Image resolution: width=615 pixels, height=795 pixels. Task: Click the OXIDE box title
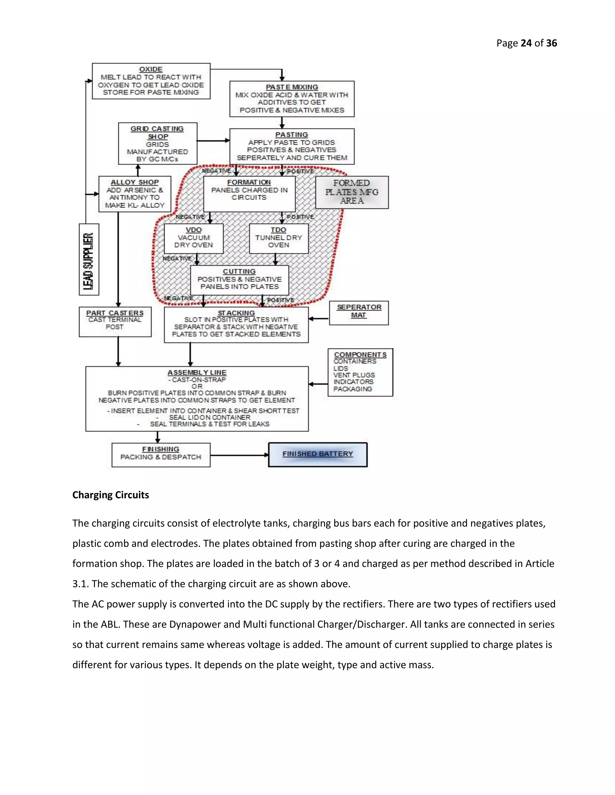[151, 69]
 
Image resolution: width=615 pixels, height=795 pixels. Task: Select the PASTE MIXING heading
[292, 87]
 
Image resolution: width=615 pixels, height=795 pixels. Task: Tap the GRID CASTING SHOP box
[157, 143]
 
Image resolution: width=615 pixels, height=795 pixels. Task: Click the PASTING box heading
[292, 135]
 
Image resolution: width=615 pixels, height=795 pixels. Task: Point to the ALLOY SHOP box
[135, 194]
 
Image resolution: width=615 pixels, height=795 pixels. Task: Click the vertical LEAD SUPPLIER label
[89, 259]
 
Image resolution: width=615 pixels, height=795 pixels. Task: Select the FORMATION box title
[249, 182]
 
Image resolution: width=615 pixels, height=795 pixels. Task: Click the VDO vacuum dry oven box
[193, 238]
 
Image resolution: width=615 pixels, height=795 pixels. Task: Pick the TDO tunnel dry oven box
[279, 238]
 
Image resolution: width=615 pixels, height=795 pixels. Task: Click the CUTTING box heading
[239, 271]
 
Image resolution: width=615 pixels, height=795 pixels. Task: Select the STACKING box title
[236, 313]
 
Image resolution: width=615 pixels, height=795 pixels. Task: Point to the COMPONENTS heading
[360, 354]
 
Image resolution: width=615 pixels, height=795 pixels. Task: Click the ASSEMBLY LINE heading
[197, 372]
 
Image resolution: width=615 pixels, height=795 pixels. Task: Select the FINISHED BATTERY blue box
[318, 454]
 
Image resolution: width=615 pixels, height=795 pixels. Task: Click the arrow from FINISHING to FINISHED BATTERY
[239, 455]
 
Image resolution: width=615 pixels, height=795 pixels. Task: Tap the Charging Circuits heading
[111, 495]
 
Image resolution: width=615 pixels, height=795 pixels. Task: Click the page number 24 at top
[526, 43]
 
